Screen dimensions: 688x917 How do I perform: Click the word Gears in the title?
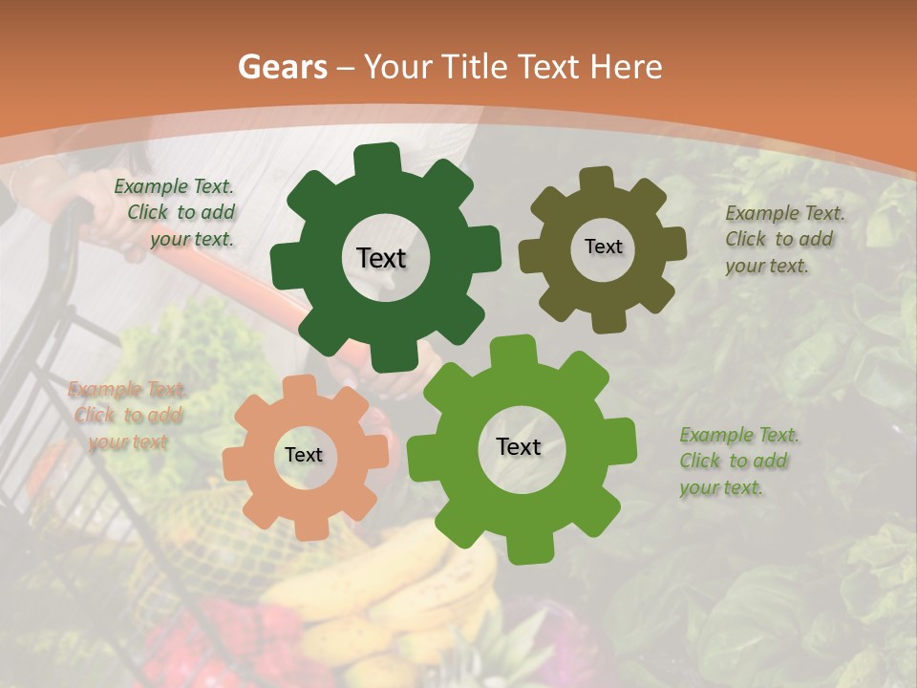click(x=281, y=67)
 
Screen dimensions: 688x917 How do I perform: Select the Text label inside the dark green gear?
click(x=381, y=258)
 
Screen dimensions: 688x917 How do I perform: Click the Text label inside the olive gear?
click(x=603, y=247)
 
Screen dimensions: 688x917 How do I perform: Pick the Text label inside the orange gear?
click(x=304, y=456)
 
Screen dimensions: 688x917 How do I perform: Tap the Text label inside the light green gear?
click(x=519, y=447)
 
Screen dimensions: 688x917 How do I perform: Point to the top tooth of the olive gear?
click(x=597, y=179)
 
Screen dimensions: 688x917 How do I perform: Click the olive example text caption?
click(x=783, y=239)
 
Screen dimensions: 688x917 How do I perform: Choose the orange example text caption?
click(x=127, y=416)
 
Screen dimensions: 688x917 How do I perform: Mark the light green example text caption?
click(x=738, y=461)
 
